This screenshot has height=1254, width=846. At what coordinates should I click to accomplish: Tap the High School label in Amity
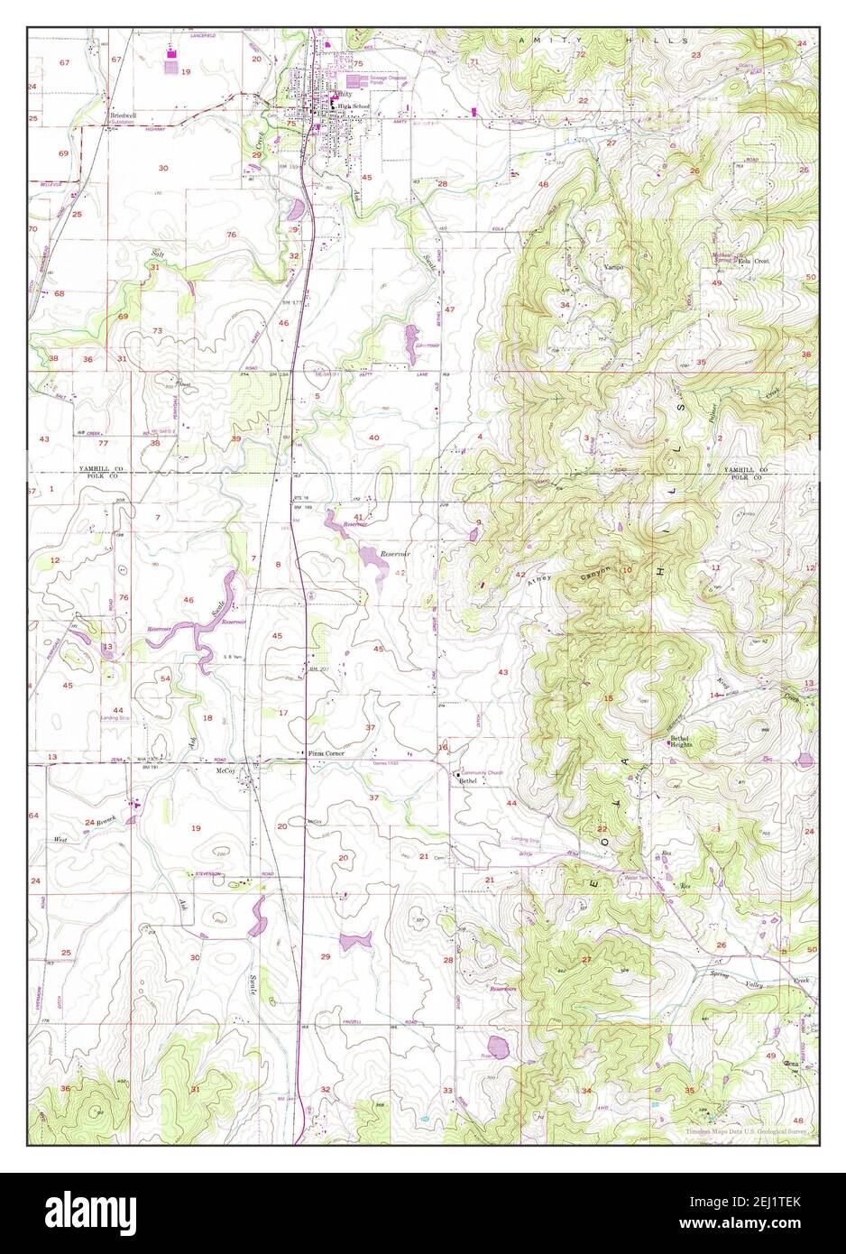pyautogui.click(x=354, y=106)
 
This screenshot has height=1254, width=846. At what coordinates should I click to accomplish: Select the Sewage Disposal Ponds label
pyautogui.click(x=386, y=81)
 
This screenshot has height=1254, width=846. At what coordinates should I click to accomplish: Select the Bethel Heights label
pyautogui.click(x=685, y=742)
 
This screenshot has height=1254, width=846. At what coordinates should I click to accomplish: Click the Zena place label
pyautogui.click(x=792, y=1064)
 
